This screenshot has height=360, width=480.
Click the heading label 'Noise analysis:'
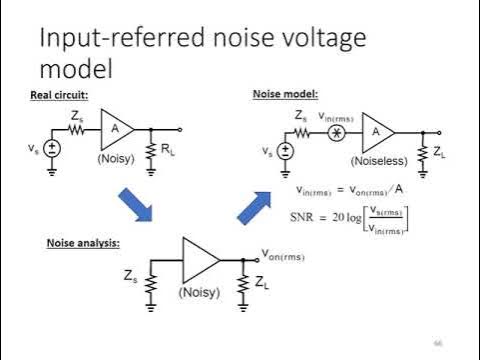(84, 243)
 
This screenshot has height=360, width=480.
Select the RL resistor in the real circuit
(150, 151)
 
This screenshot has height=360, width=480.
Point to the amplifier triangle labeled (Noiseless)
(379, 131)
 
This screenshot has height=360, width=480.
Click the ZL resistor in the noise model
(423, 152)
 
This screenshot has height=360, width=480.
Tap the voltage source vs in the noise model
(286, 151)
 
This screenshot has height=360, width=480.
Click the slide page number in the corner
(437, 342)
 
